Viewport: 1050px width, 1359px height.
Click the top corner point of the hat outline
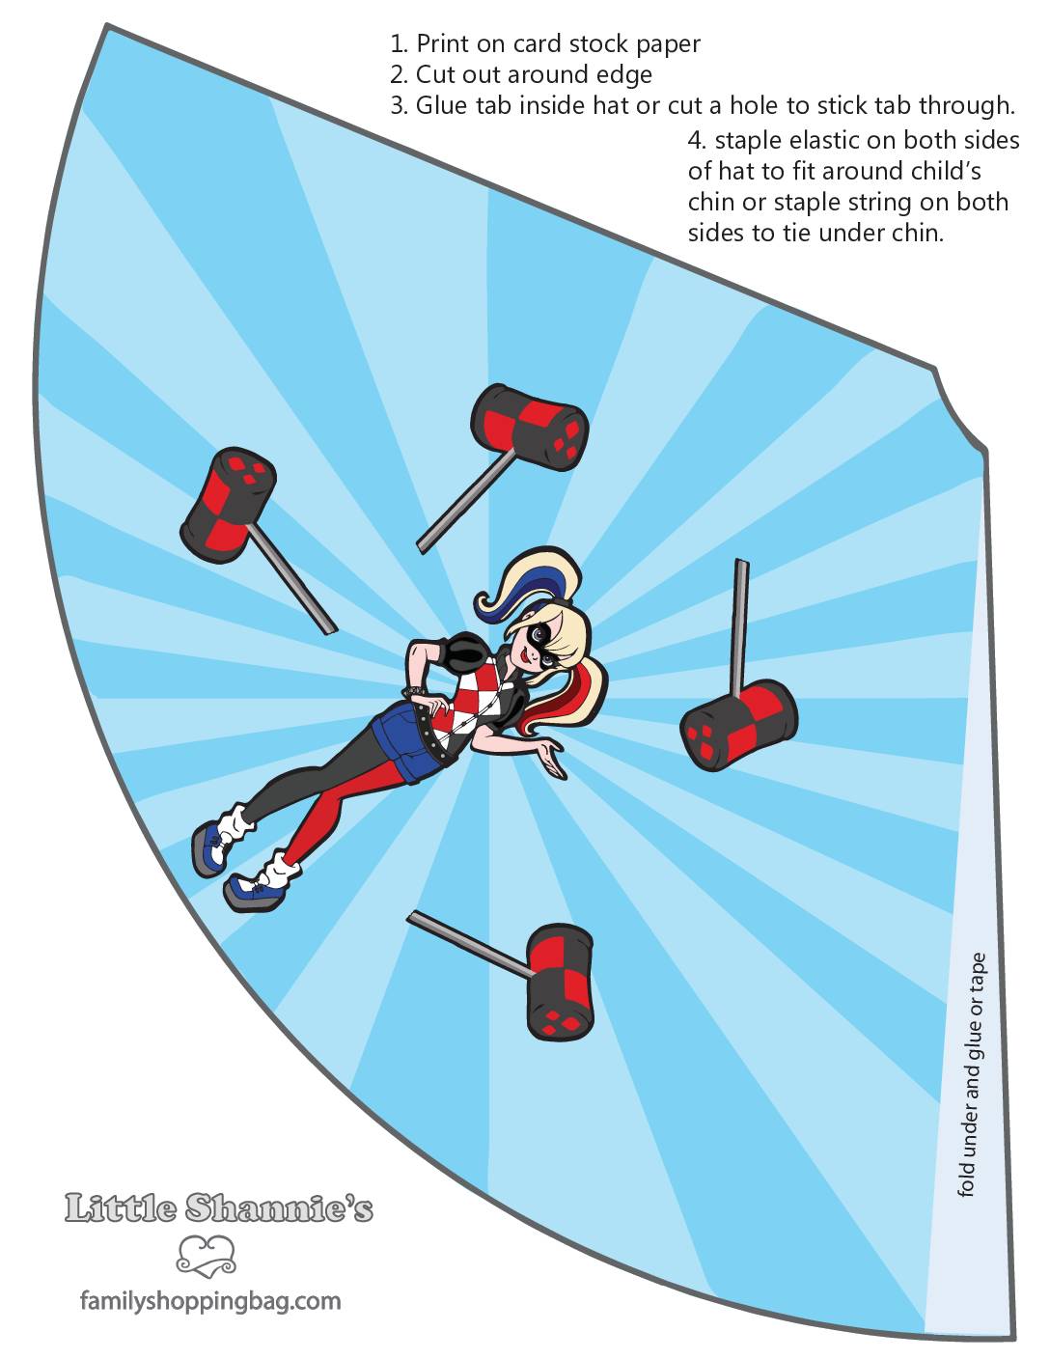click(106, 25)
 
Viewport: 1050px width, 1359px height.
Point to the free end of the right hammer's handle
click(742, 561)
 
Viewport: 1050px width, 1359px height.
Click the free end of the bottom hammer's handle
click(409, 916)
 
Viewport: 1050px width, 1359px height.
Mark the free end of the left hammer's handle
click(331, 631)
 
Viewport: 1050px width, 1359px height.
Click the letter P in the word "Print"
click(424, 43)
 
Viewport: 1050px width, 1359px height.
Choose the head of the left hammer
click(228, 505)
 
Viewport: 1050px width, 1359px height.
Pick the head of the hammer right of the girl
click(739, 726)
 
